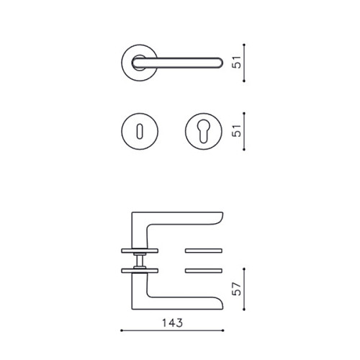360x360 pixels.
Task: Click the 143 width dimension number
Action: point(172,323)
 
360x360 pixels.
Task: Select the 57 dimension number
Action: point(236,289)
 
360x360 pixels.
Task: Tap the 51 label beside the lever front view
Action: point(236,62)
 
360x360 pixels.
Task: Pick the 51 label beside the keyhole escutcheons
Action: point(236,130)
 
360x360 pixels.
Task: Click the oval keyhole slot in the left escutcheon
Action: point(140,131)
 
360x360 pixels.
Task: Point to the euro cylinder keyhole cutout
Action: point(204,131)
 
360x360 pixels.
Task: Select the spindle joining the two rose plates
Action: point(140,261)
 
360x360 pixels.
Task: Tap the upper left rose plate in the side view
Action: point(140,251)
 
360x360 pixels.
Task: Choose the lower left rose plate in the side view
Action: point(140,271)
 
